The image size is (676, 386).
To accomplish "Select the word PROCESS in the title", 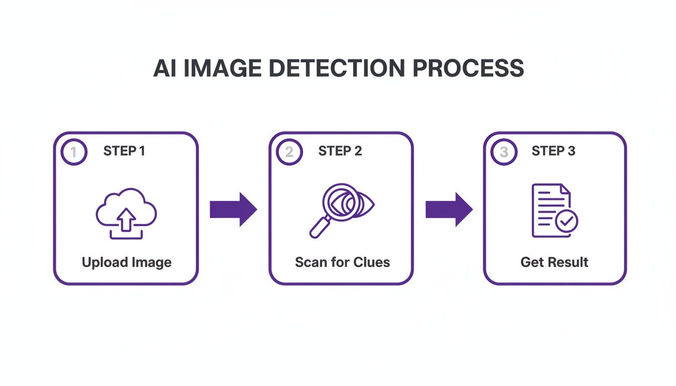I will [x=468, y=68].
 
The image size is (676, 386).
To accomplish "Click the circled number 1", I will [x=74, y=152].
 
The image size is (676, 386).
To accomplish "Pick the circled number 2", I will [x=289, y=152].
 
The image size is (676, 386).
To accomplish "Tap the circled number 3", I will [x=503, y=152].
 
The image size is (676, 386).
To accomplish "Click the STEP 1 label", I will [x=124, y=151].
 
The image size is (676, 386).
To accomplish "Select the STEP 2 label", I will [x=340, y=151].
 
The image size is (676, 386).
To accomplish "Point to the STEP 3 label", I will [x=553, y=151].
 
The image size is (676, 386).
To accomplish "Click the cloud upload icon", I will [x=126, y=213].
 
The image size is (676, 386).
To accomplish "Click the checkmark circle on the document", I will [x=567, y=221].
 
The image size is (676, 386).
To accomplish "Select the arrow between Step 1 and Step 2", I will [x=233, y=209].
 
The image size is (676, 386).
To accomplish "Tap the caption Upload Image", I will [x=126, y=262].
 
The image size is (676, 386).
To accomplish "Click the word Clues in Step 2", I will [x=371, y=262].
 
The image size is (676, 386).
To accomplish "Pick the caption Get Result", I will [x=554, y=262].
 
